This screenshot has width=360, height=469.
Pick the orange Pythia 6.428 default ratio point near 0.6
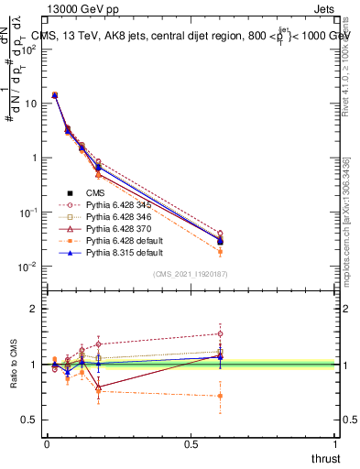click(219, 396)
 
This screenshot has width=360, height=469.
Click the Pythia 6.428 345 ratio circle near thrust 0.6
click(219, 333)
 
